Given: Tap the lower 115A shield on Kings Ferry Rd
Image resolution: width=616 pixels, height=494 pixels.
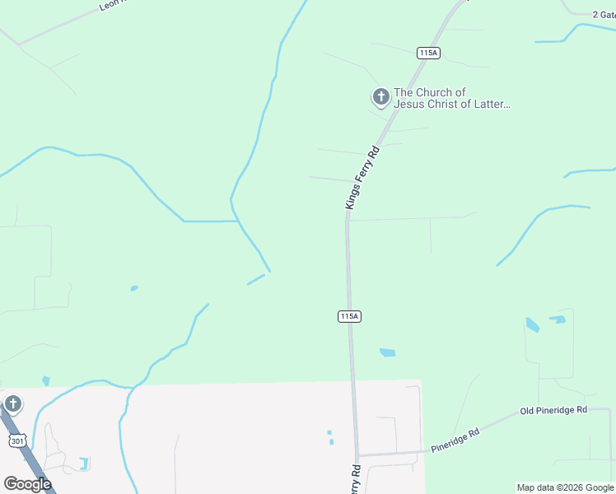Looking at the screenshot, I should (x=349, y=316).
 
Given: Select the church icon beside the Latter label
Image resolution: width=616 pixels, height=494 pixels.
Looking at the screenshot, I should (x=380, y=98).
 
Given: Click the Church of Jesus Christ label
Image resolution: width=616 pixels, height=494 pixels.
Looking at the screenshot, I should (x=451, y=98).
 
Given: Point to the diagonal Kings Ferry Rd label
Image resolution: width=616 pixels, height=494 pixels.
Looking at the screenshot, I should (x=362, y=178).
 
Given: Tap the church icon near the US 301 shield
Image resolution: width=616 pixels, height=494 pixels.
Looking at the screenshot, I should (x=12, y=404).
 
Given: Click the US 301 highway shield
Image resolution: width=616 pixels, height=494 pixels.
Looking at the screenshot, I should (x=18, y=441).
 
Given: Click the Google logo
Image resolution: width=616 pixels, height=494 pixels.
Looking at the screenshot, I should (x=27, y=483).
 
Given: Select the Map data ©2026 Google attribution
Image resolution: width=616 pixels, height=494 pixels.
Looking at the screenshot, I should (x=565, y=487).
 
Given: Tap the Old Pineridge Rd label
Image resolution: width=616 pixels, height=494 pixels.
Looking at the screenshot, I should (x=553, y=410).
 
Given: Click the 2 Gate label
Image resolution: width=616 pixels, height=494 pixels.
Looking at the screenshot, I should (x=604, y=14).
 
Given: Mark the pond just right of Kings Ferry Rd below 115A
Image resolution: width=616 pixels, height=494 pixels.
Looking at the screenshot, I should (x=387, y=352).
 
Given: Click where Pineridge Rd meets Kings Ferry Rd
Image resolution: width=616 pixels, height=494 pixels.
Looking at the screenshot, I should (x=358, y=454).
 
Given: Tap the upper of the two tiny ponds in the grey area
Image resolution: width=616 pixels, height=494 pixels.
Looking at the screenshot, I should (x=328, y=432).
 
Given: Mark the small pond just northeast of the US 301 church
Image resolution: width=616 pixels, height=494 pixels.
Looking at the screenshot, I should (x=45, y=380).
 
